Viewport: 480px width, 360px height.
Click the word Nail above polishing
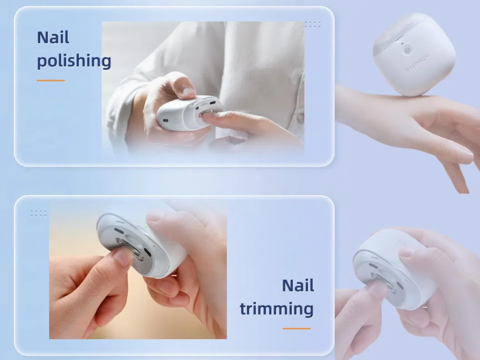53,37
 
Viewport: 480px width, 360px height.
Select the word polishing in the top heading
74,61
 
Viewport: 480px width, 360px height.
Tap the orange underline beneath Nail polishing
51,81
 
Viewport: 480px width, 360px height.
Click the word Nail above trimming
298,286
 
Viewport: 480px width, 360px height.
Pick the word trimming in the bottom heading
276,309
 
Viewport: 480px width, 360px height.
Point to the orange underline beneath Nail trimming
297,328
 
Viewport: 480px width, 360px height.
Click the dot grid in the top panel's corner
312,24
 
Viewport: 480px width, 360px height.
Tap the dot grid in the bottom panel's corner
38,213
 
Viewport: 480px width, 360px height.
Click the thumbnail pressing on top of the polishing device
187,93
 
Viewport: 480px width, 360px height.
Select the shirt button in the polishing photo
300,119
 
